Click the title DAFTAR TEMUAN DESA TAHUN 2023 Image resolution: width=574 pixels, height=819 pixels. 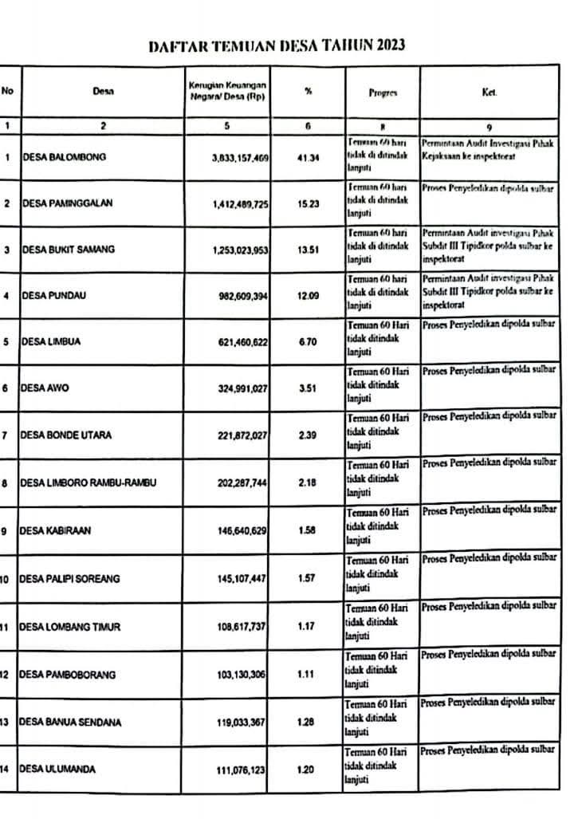277,45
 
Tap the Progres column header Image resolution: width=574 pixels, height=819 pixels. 383,93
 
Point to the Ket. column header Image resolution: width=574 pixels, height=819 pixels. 489,93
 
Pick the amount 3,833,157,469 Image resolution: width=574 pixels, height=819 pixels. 241,159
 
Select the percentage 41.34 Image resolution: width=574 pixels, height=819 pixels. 308,158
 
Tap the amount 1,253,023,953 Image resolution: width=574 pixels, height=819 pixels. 241,250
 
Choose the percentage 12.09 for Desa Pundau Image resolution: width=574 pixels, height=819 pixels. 308,297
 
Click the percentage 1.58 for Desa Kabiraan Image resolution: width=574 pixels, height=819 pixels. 307,530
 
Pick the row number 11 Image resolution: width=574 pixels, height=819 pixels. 5,627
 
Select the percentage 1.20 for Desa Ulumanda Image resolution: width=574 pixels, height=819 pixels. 307,770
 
